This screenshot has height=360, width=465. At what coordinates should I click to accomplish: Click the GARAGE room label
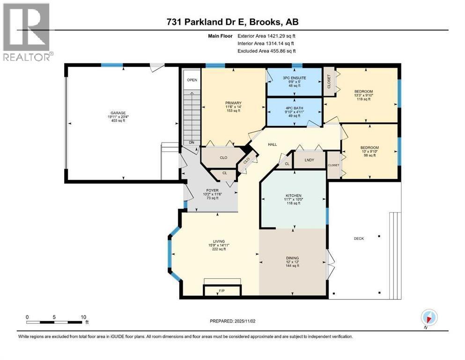point(118,113)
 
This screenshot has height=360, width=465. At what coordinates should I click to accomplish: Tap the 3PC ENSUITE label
point(294,77)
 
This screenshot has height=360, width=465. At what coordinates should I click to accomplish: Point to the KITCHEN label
point(294,195)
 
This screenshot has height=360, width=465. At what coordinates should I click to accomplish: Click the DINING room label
point(292,257)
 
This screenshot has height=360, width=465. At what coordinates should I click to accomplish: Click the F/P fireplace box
point(222,290)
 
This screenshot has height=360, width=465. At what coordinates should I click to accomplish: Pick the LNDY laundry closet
point(309,160)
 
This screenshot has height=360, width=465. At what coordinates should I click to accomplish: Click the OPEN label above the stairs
point(192,80)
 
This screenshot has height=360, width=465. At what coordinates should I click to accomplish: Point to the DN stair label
point(191,142)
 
